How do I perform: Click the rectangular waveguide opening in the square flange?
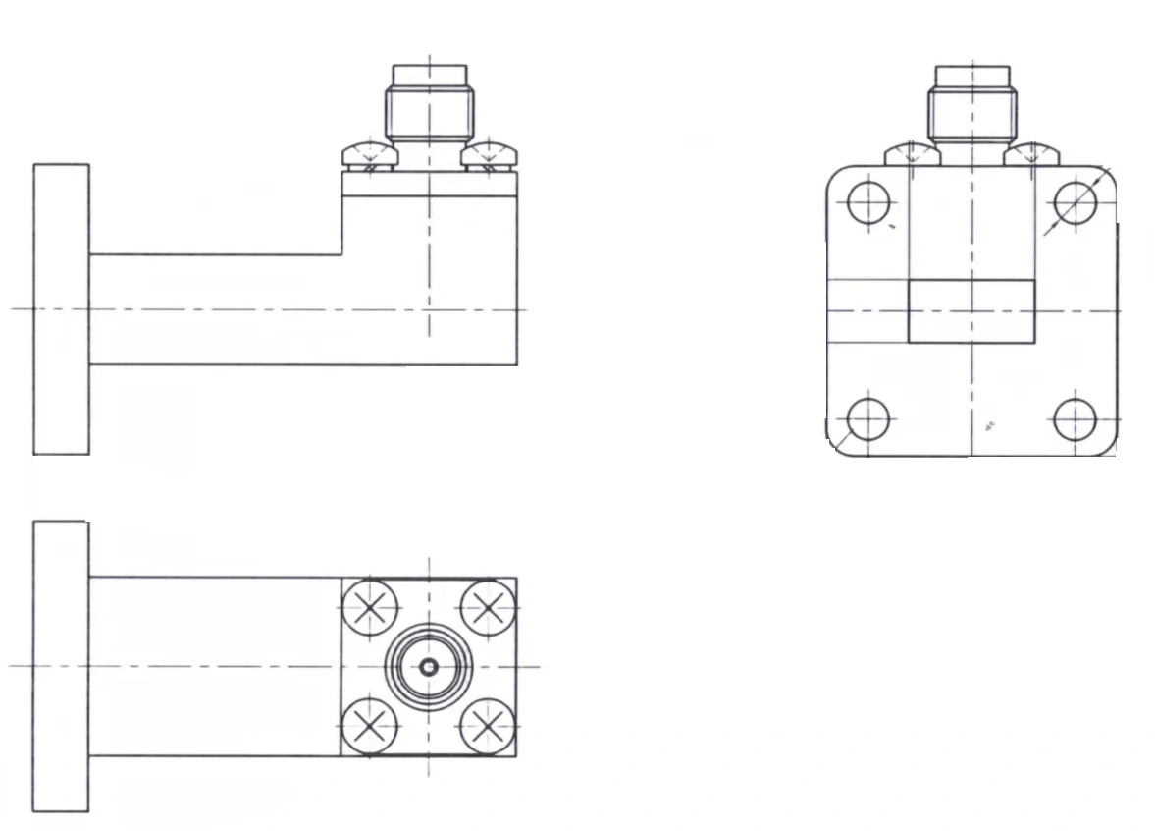click(971, 311)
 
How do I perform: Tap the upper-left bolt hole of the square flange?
click(867, 204)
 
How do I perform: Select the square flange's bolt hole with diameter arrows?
click(1075, 203)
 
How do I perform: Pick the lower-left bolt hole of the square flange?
click(867, 419)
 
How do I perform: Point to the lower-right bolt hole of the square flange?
click(1075, 419)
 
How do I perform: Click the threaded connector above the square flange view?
click(971, 106)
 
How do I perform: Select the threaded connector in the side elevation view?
click(429, 106)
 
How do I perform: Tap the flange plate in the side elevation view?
click(61, 309)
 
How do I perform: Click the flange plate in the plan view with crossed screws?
click(61, 666)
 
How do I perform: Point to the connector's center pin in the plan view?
click(429, 667)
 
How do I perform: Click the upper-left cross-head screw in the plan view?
click(369, 608)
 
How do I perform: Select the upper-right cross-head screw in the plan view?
click(488, 608)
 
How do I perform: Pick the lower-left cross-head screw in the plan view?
click(369, 727)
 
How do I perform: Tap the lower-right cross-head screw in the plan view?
click(488, 727)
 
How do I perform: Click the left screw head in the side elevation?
click(368, 155)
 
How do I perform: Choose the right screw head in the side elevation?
click(490, 155)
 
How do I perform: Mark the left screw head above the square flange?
click(911, 154)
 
